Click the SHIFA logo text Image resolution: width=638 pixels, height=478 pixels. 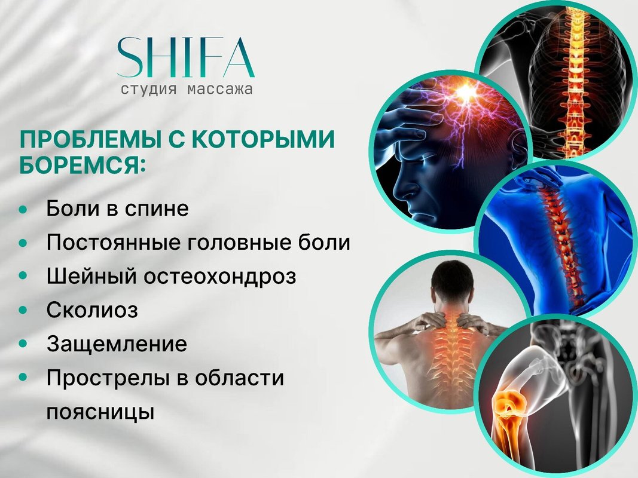click(186, 57)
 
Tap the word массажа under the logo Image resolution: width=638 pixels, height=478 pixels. click(219, 89)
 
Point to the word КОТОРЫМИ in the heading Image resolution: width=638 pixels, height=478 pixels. click(263, 139)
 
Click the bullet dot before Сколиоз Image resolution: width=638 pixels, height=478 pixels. click(23, 310)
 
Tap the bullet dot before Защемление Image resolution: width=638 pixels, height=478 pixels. click(23, 344)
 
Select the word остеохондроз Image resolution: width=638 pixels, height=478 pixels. click(220, 277)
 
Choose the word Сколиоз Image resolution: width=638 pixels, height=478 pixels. click(92, 310)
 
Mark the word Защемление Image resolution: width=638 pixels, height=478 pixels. click(117, 344)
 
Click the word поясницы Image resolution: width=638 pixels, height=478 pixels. click(100, 412)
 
